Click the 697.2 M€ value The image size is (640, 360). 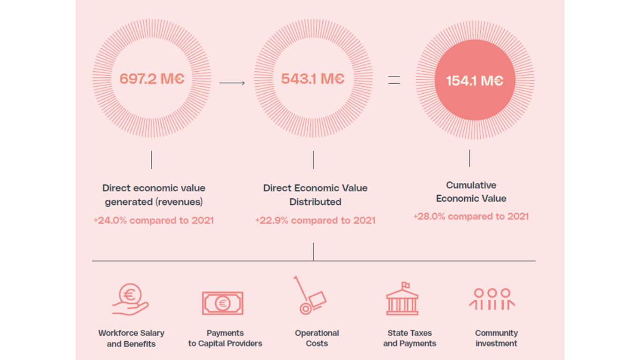(152, 79)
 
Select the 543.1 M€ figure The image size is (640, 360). (313, 79)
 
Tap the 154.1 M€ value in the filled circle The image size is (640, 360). (475, 81)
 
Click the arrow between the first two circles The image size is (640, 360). (232, 83)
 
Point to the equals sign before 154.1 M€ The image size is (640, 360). (394, 81)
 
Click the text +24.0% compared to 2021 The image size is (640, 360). (154, 220)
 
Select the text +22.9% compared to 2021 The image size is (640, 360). (315, 220)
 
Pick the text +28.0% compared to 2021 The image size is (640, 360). (471, 216)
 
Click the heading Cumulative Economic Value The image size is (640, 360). (471, 192)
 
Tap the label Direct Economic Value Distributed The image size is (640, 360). (315, 195)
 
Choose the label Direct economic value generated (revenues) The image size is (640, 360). (154, 195)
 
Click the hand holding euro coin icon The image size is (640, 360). (130, 300)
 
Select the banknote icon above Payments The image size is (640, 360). (223, 303)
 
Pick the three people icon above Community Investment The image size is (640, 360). (492, 299)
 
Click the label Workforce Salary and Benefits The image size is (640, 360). (131, 338)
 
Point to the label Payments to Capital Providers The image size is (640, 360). (225, 338)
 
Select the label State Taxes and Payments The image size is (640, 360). (409, 338)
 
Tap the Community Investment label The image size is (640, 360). (496, 338)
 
